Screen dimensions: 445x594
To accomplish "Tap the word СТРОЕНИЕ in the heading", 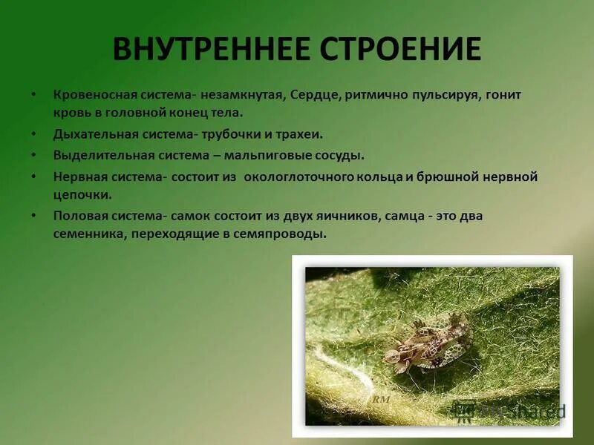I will pos(401,49).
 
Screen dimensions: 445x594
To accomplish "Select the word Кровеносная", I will pos(91,96).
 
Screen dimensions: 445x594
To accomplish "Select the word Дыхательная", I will pos(93,135).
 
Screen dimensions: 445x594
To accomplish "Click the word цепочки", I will pos(82,194).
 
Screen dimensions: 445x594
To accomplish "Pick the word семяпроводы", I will pos(285,233).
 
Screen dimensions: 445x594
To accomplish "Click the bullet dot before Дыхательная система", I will pos(33,135).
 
